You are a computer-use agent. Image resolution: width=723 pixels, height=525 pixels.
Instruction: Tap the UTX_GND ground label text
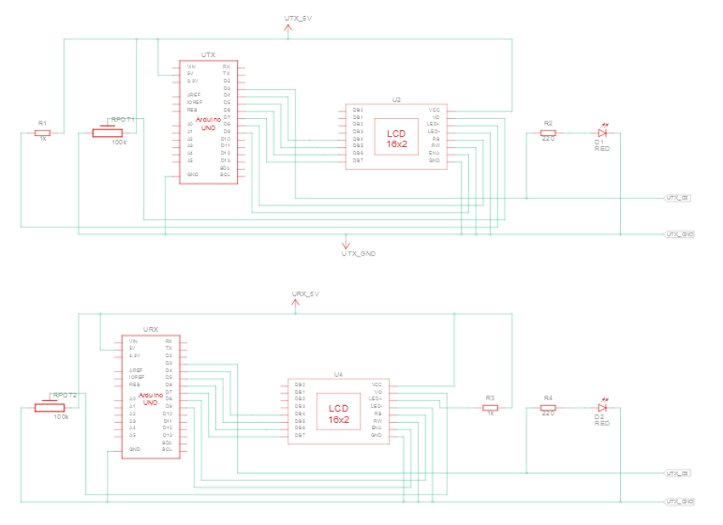point(358,253)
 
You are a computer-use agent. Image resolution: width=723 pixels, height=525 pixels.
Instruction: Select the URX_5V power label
point(305,295)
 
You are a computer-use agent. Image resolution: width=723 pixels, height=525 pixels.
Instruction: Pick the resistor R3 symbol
point(490,408)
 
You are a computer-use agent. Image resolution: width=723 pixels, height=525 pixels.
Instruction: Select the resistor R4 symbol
point(548,408)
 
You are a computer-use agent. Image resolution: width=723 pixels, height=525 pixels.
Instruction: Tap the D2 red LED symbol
point(600,408)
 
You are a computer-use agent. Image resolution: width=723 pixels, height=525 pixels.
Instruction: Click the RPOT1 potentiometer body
point(107,132)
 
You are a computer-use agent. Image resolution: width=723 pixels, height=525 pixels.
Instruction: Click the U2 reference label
point(396,100)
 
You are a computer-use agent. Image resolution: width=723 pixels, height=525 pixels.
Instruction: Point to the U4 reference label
point(338,374)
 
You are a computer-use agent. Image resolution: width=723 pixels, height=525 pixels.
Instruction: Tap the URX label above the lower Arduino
point(150,330)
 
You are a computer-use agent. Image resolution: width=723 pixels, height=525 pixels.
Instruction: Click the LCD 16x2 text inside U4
point(339,413)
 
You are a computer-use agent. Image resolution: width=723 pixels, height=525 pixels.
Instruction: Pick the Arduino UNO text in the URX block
point(150,400)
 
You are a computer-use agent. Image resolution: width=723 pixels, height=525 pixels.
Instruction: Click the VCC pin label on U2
point(435,109)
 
